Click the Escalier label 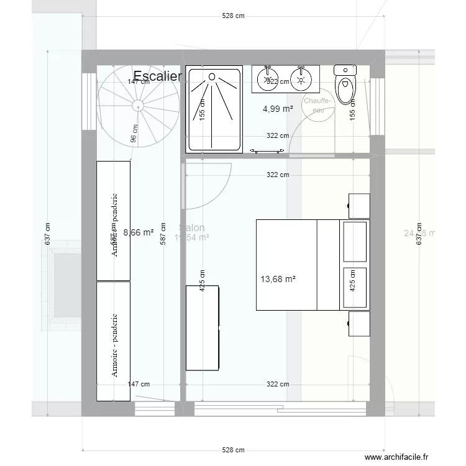[157, 76]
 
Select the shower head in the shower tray [212, 77]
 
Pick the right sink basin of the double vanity [302, 78]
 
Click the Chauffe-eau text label [318, 105]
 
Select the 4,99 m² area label [278, 109]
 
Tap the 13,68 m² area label [278, 280]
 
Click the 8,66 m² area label [139, 233]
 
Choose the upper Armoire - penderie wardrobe [113, 221]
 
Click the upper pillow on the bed [355, 240]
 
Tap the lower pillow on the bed [355, 287]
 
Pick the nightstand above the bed [359, 206]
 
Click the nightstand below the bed [359, 324]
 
